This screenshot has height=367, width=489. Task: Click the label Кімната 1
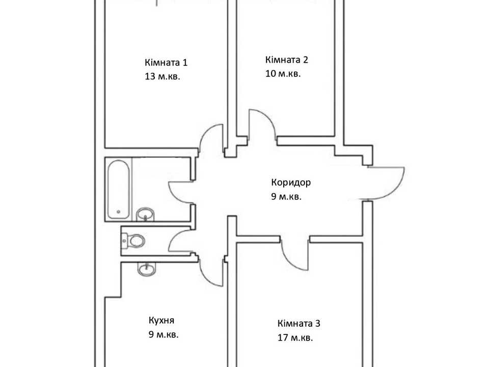166,62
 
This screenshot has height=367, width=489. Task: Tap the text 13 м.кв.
162,77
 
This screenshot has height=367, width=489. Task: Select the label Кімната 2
287,60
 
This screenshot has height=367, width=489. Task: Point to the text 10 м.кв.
283,74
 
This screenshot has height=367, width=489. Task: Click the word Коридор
291,182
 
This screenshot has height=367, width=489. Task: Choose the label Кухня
161,321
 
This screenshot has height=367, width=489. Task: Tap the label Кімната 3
299,323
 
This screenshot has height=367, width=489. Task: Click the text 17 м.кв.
295,337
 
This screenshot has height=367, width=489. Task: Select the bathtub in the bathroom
118,190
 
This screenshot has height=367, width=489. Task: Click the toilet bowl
133,241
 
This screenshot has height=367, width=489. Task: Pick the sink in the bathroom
145,214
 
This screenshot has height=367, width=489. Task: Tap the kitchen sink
146,269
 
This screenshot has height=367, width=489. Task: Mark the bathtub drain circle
119,212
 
